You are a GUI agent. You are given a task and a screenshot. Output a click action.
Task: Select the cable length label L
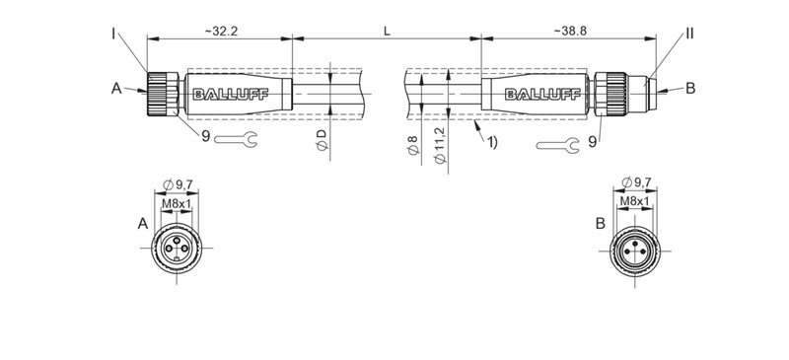click(387, 32)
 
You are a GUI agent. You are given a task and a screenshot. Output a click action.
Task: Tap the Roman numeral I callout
click(114, 35)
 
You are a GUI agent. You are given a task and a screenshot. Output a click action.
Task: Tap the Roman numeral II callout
click(689, 35)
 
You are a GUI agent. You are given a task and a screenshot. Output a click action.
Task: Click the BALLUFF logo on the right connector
click(538, 95)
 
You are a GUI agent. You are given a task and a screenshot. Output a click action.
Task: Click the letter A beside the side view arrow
click(115, 89)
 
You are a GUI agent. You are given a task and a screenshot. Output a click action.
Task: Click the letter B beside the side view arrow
click(690, 89)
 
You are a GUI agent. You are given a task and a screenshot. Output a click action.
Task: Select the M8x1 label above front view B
click(635, 202)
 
